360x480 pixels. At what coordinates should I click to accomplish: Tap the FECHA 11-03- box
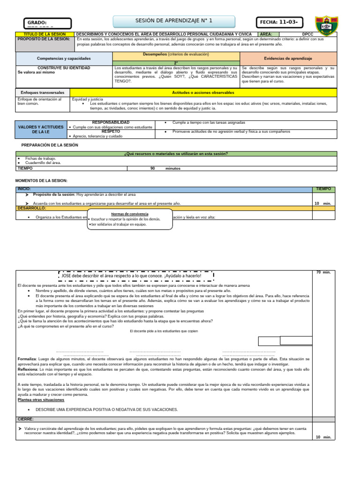coord(279,22)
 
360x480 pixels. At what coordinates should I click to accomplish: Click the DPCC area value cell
coord(307,34)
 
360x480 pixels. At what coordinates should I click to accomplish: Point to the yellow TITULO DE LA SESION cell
coord(45,34)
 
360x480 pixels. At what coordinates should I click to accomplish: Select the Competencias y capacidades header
coord(64,58)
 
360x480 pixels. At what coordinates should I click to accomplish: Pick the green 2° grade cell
coord(176,63)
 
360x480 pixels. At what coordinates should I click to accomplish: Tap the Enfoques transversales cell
coord(43,92)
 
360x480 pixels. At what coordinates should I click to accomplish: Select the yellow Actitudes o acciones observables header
coord(203,92)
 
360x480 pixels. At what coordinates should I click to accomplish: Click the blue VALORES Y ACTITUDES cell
coord(40,129)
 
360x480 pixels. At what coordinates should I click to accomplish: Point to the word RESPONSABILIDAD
coord(111,122)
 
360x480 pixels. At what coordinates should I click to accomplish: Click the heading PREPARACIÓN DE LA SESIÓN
coord(50,145)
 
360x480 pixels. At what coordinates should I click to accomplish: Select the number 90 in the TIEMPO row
coord(152,168)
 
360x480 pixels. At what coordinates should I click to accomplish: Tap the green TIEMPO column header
coord(323,188)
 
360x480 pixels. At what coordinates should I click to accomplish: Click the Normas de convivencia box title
coord(129,214)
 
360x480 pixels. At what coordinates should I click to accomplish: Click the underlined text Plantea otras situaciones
coord(41,400)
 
